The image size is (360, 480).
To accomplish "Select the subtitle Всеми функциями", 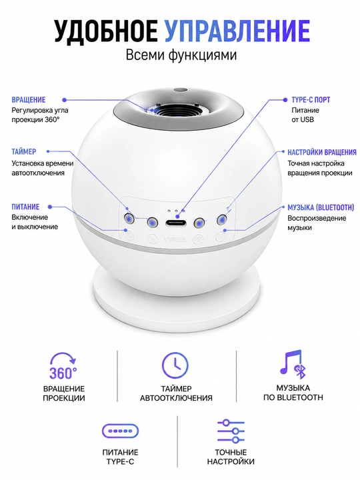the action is coord(181,55).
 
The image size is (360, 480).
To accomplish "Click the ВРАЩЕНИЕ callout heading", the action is coord(29,100).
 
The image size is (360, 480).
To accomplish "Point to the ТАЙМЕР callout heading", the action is coord(24,151).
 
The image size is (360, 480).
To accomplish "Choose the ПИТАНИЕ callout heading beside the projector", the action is coord(25,207).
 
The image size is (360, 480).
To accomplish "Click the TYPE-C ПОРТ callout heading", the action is coord(311,100).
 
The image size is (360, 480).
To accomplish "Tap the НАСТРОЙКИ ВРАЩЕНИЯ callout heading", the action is coord(322,152).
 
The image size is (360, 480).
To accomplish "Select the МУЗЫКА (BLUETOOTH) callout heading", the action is coord(321,207).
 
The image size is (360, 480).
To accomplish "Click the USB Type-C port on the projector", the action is coord(176,223).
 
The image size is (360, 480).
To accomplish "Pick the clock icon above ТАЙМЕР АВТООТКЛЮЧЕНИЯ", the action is coord(175,365).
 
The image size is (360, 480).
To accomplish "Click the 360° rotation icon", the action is coord(63,366).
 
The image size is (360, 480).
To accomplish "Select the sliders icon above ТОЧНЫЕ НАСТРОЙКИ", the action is coord(231,431).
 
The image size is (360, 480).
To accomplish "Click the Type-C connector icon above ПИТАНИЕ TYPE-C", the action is coord(120,431).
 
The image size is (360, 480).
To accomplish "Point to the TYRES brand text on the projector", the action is coord(175,239).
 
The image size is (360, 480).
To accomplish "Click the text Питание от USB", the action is coord(305,115).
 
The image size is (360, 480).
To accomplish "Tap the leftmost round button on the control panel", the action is coord(129,219).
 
